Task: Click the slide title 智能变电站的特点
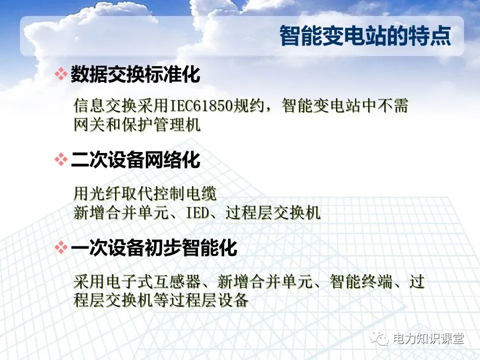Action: point(365,36)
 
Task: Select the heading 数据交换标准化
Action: point(135,75)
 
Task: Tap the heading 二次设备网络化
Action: point(135,160)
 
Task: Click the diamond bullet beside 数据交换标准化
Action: point(60,75)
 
